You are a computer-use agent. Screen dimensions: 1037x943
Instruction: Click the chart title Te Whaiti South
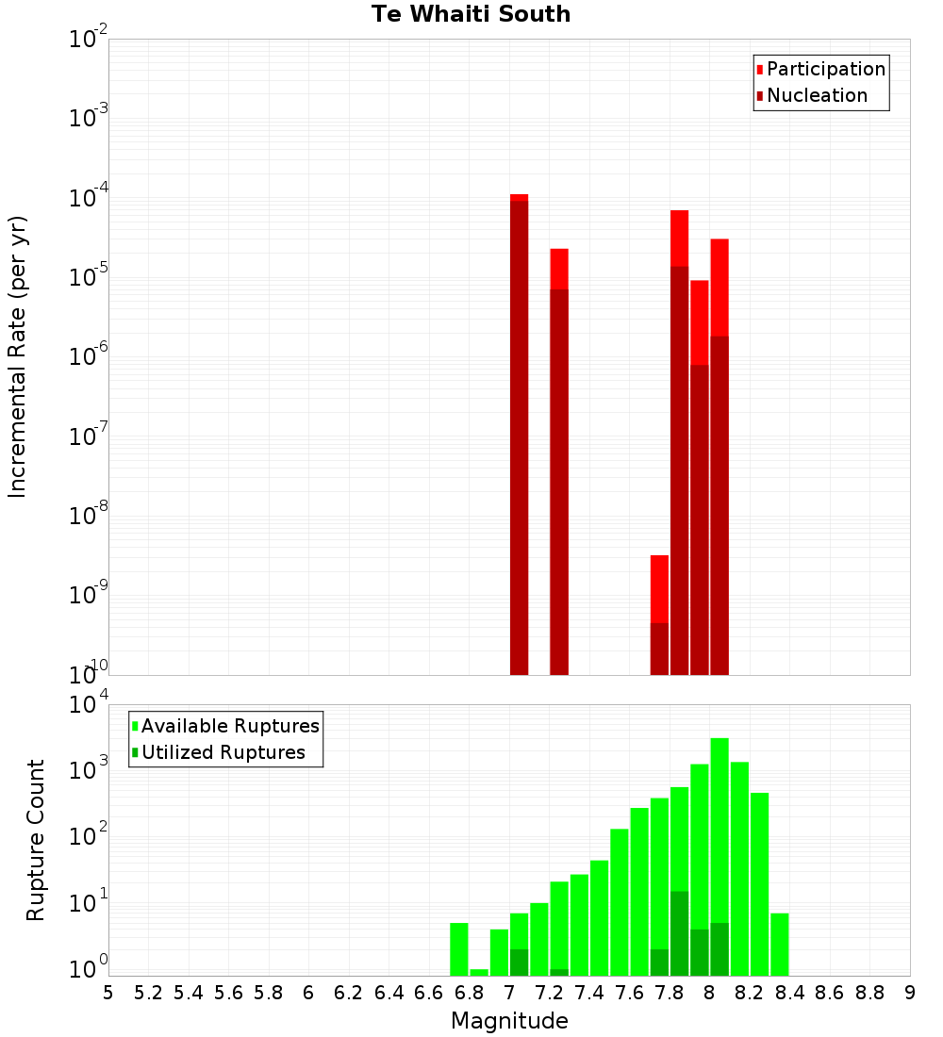click(471, 14)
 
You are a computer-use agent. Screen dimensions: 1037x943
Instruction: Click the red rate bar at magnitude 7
click(519, 434)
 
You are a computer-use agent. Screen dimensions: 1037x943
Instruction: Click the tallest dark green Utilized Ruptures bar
click(679, 933)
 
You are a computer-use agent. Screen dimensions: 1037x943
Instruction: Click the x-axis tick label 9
click(909, 993)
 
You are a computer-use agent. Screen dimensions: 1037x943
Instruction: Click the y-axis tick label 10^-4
click(89, 199)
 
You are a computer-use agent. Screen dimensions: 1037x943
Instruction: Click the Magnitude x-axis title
click(509, 1021)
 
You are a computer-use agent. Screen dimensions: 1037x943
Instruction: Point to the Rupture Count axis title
click(36, 840)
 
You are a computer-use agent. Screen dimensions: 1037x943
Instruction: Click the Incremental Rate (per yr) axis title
click(18, 357)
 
